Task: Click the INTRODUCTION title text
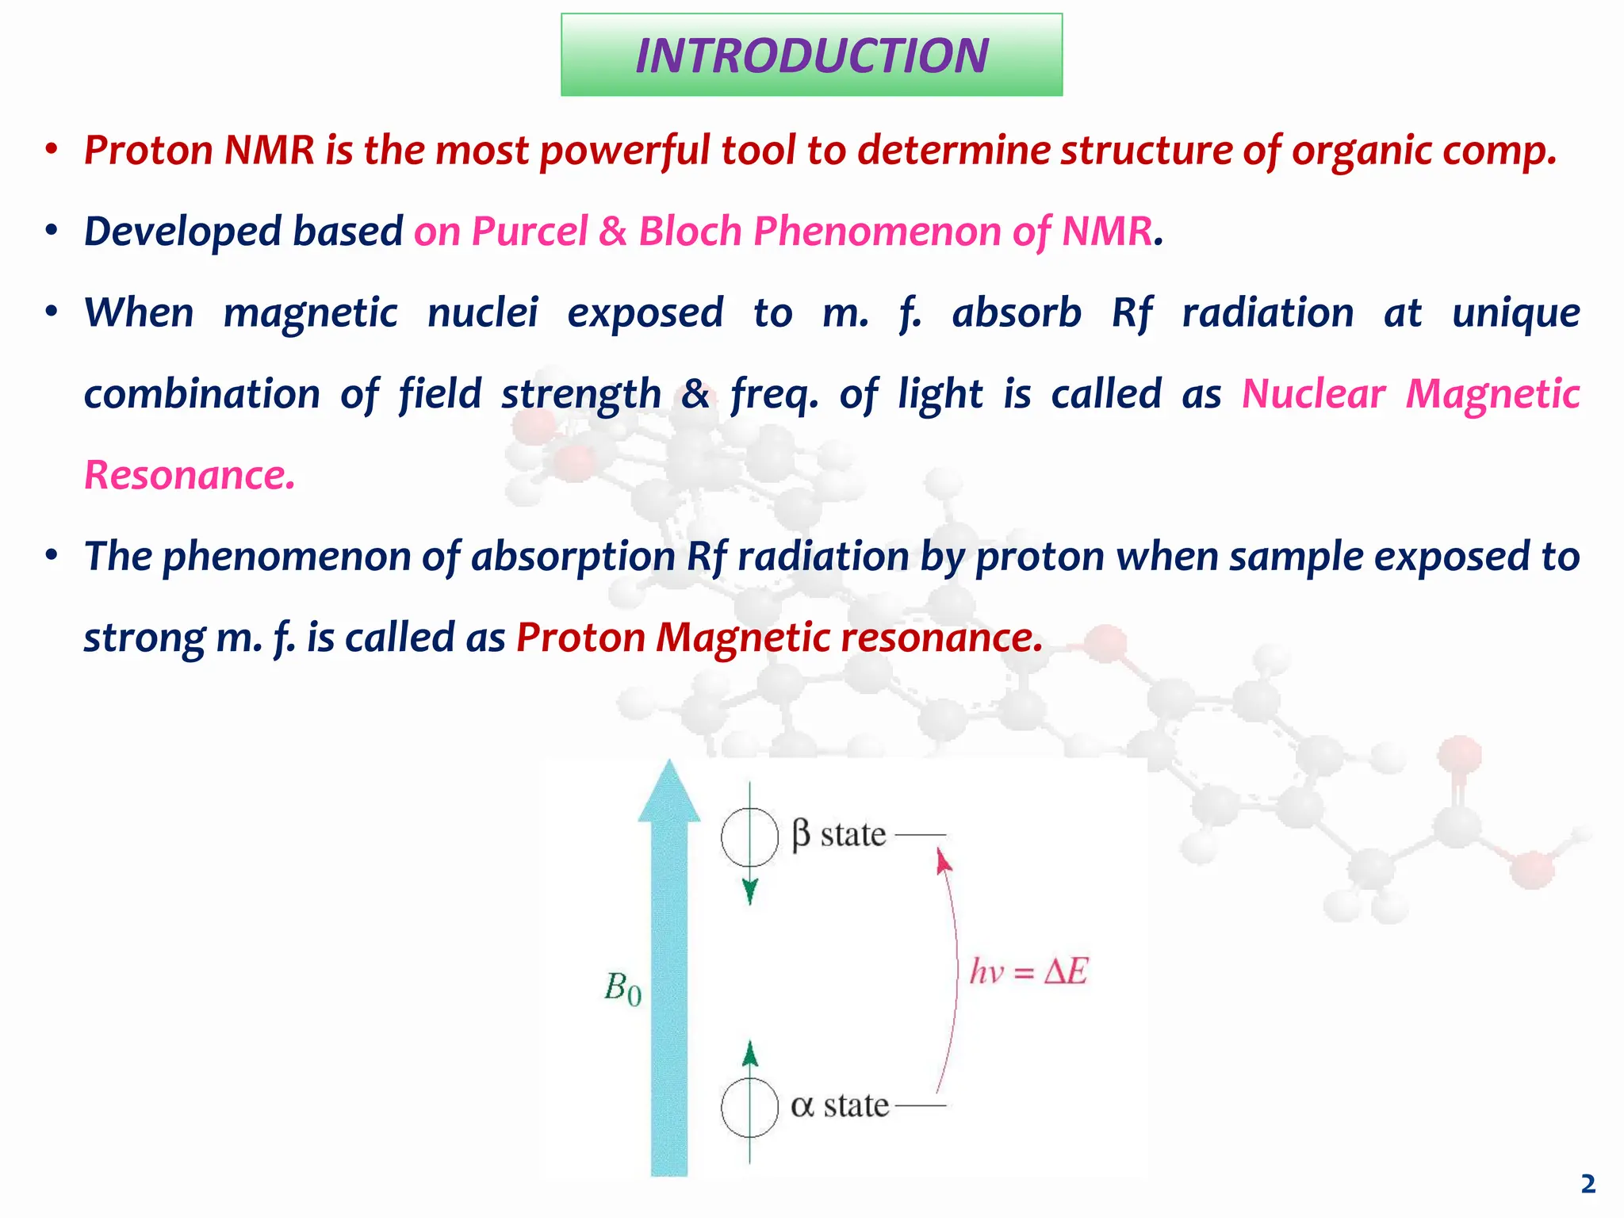[x=811, y=56]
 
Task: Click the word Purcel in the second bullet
[x=529, y=232]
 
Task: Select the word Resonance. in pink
[x=190, y=475]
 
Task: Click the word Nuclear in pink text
[x=1313, y=394]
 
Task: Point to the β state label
[x=839, y=835]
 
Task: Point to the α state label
[x=840, y=1105]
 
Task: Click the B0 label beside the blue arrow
[x=622, y=988]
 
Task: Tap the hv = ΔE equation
[x=1028, y=971]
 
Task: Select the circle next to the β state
[x=749, y=837]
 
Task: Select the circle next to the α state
[x=749, y=1107]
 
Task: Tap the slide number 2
[x=1588, y=1184]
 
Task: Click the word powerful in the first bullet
[x=624, y=151]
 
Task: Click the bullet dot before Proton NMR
[x=52, y=150]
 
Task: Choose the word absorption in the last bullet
[x=573, y=556]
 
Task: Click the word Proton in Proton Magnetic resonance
[x=580, y=638]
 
